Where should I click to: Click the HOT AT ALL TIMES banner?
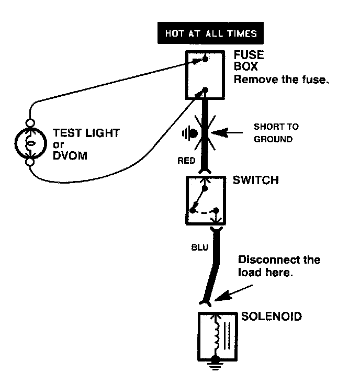tap(210, 33)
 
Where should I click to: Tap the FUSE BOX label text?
tap(249, 61)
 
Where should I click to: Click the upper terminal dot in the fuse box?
tap(205, 59)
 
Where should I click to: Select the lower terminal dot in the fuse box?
tap(205, 91)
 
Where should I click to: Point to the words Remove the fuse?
tap(281, 80)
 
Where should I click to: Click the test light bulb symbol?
tap(31, 143)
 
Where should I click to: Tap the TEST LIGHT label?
tap(86, 133)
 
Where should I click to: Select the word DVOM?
tap(70, 156)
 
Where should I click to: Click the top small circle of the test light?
tap(30, 123)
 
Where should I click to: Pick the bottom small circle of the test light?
tap(30, 162)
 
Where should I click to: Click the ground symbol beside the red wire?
tap(190, 133)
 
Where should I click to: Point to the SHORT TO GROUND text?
tap(276, 133)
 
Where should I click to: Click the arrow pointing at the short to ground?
tap(227, 133)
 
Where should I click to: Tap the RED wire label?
tap(186, 161)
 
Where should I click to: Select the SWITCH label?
tap(256, 180)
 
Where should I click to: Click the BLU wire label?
tap(199, 247)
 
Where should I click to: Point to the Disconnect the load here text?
tap(279, 266)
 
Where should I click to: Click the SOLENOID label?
tap(272, 317)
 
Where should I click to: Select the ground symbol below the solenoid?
tap(216, 363)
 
